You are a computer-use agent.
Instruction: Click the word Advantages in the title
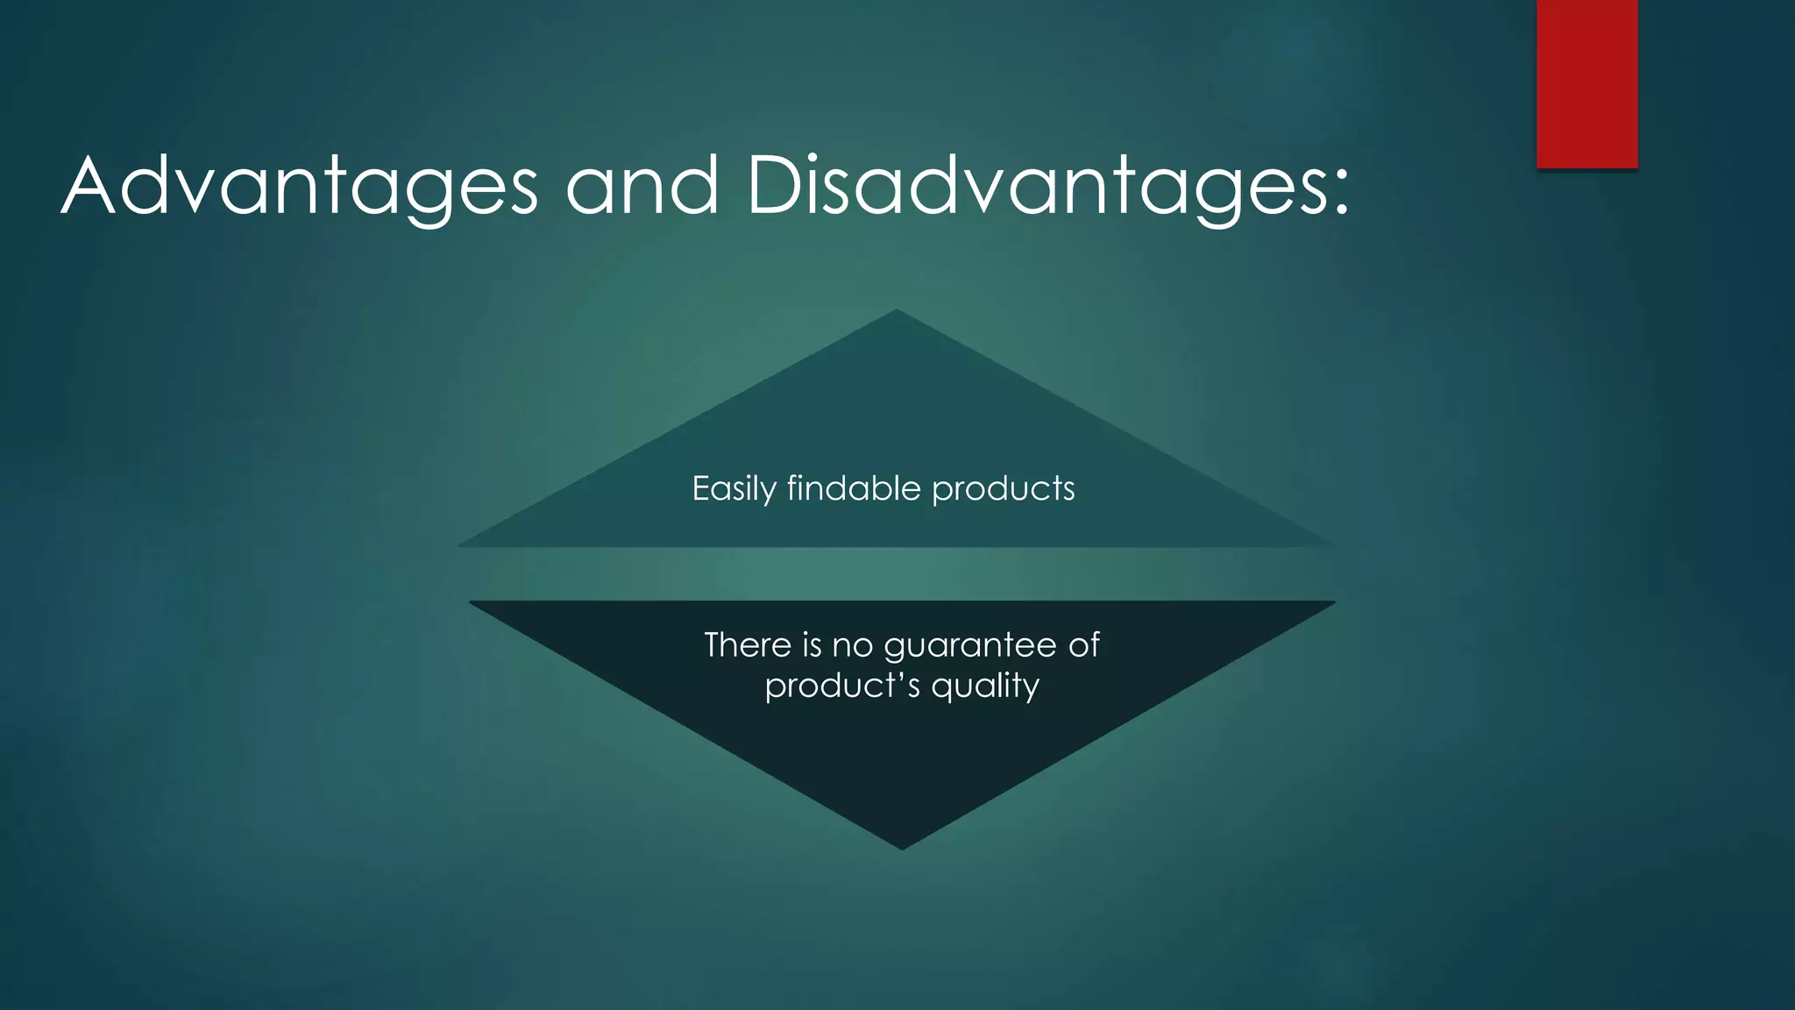pos(299,187)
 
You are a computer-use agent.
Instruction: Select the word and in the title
pos(642,187)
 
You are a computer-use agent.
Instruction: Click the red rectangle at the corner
pos(1586,83)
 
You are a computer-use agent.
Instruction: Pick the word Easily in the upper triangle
pos(734,489)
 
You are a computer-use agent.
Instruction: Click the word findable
pos(854,488)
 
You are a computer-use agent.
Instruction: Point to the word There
pos(748,645)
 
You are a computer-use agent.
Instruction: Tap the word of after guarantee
pos(1083,645)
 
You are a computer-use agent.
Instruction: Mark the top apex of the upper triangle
pos(897,312)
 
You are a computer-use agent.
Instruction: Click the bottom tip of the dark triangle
pos(902,847)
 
